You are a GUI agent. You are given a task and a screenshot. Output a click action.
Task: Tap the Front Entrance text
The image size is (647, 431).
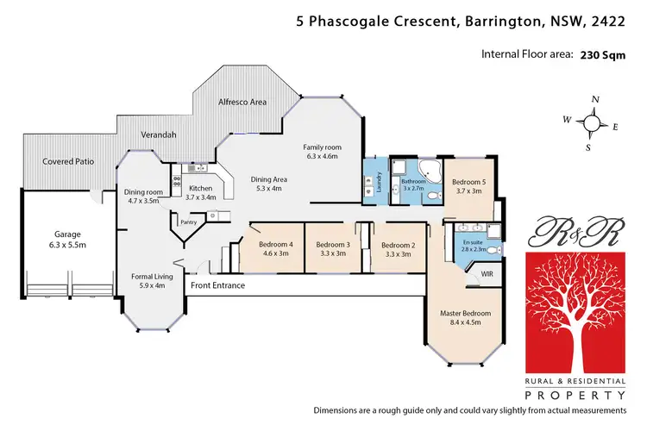tap(217, 285)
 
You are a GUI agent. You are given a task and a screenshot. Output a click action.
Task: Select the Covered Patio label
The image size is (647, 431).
tap(68, 161)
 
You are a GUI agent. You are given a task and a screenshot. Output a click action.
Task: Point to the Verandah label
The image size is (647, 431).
tap(159, 135)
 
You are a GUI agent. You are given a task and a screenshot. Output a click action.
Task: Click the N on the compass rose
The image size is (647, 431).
tap(595, 99)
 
